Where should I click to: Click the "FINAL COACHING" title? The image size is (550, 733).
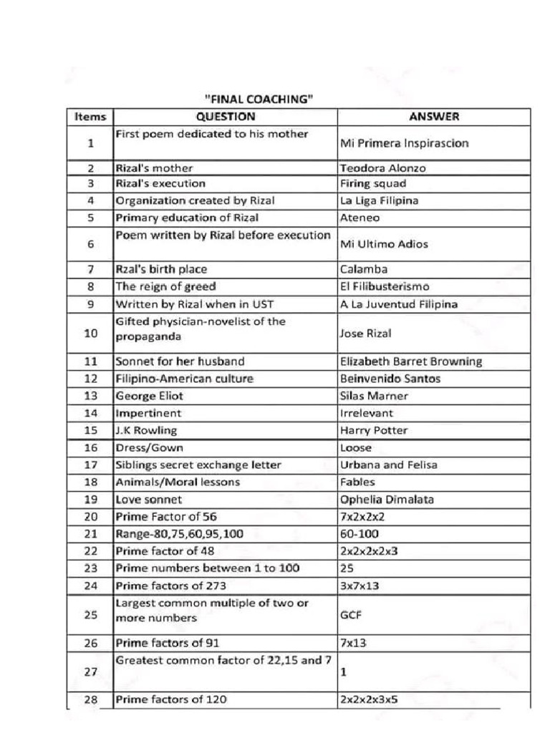tap(259, 99)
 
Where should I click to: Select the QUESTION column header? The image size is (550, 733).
tap(225, 117)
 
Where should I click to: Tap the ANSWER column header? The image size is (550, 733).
tap(434, 117)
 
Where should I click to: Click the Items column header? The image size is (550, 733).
tap(90, 117)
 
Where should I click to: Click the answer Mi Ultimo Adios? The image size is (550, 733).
tap(384, 244)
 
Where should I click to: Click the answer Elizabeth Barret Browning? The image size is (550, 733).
tap(411, 361)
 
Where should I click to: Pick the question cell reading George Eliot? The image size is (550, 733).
tap(150, 396)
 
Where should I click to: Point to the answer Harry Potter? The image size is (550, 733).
tap(374, 430)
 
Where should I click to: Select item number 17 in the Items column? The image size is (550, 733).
tap(90, 465)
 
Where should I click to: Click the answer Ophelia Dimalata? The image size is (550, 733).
tap(382, 499)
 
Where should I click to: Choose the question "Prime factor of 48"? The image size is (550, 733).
tap(165, 551)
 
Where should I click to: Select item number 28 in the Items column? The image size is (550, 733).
tap(90, 700)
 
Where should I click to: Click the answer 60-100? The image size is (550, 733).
tap(360, 534)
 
